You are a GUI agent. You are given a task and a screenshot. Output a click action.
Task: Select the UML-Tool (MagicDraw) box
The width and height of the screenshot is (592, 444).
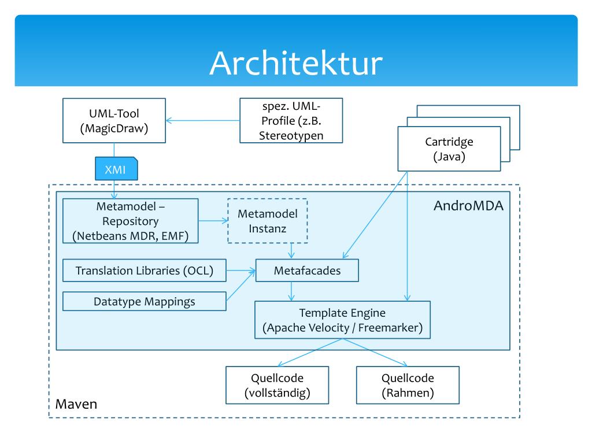[x=114, y=121]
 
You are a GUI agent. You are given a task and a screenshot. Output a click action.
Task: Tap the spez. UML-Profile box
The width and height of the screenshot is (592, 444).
[x=291, y=120]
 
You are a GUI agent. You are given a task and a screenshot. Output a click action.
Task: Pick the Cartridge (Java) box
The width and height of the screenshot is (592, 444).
[x=449, y=149]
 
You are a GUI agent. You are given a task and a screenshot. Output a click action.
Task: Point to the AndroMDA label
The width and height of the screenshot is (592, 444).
[x=469, y=206]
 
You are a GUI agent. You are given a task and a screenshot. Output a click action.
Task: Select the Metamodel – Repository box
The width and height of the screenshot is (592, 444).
[x=130, y=220]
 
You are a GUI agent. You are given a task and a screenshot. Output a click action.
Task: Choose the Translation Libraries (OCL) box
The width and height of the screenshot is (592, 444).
[x=144, y=271]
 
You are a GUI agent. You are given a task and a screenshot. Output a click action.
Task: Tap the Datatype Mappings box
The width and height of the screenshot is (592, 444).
[x=144, y=301]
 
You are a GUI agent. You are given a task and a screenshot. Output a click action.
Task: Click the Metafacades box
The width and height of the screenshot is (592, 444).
[x=306, y=271]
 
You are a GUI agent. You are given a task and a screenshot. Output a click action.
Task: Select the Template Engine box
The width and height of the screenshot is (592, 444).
[x=343, y=320]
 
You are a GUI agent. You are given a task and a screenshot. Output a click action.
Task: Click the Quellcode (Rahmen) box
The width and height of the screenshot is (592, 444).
[x=408, y=386]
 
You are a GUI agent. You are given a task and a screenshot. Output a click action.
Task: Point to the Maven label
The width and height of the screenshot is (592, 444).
[x=76, y=404]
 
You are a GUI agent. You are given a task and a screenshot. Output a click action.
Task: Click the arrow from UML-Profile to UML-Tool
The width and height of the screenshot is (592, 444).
[x=202, y=121]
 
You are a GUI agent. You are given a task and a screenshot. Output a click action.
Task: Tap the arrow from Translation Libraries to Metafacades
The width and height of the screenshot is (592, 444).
[x=240, y=271]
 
